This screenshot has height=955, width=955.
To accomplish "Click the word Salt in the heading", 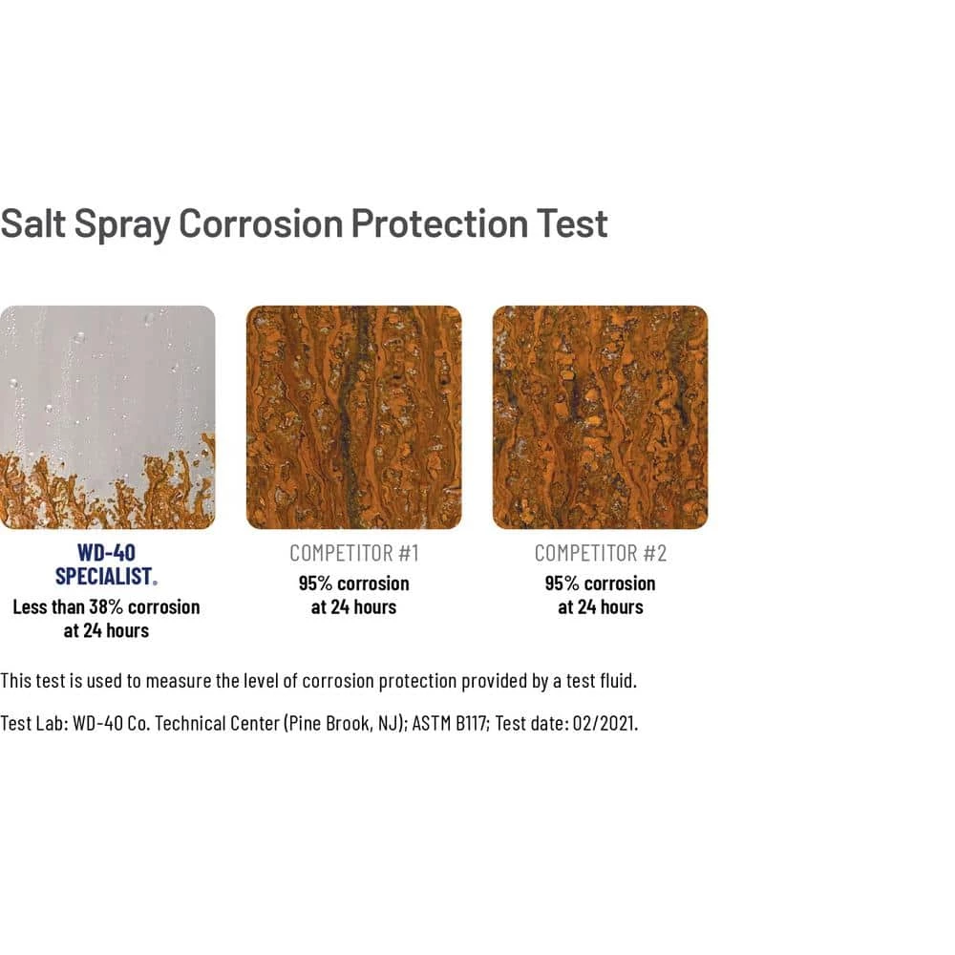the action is [32, 223].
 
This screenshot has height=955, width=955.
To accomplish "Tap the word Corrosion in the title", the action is [261, 223].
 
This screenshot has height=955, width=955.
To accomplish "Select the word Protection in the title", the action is [439, 223].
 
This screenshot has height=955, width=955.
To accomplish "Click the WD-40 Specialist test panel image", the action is [107, 417].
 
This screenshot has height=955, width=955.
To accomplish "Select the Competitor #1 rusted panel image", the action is [354, 417].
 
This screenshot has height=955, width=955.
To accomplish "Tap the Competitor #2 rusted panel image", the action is [600, 417].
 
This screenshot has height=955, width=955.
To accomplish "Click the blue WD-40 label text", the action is [107, 552].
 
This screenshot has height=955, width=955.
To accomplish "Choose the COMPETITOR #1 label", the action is [354, 553].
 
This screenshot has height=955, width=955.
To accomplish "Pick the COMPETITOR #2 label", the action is [601, 553].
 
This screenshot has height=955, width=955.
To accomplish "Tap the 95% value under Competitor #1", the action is [315, 584].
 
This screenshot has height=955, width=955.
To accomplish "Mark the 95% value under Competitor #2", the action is [562, 584].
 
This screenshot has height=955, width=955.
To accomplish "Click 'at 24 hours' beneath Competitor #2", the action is [601, 607].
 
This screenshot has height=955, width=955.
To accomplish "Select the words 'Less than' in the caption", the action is [48, 606].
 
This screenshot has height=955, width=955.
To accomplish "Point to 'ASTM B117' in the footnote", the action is [449, 723].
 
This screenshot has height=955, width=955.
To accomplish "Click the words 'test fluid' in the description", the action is [601, 680].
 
